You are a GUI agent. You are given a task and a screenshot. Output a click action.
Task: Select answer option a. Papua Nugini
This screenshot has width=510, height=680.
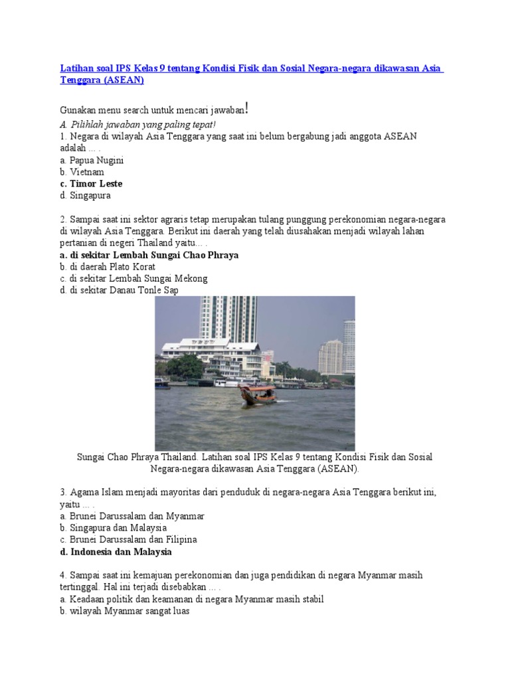[x=92, y=160]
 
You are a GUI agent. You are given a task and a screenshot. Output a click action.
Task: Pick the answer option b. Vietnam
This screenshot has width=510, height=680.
[x=82, y=172]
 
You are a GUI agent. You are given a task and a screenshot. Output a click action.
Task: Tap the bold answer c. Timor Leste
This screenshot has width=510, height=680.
[x=91, y=184]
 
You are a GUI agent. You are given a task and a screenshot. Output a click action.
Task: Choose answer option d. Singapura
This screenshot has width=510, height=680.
[x=85, y=196]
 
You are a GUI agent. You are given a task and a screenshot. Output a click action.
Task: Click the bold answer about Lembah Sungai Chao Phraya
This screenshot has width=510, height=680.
[x=149, y=255]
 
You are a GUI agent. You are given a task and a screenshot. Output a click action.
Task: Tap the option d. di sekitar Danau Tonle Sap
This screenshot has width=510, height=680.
[x=119, y=291]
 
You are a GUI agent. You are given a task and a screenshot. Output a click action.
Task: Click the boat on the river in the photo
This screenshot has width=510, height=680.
[x=258, y=394]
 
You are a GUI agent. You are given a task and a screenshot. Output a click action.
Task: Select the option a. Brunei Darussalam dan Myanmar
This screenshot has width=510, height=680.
[x=131, y=516]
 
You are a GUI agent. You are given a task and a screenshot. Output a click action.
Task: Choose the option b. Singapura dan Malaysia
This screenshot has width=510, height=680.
[x=113, y=528]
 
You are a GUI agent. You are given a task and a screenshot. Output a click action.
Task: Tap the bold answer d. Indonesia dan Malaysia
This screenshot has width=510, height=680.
[x=116, y=552]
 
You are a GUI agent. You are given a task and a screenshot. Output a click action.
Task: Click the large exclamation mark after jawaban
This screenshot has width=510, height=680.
[x=247, y=108]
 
